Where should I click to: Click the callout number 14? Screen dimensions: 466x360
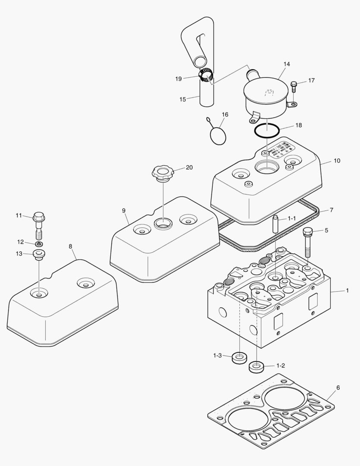[287, 64]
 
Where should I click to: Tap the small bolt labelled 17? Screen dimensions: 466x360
[294, 86]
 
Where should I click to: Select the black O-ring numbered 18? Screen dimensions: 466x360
[266, 130]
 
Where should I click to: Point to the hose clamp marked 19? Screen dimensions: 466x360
[206, 76]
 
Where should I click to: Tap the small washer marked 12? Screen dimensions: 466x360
[39, 244]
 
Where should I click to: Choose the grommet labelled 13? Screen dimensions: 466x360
[39, 255]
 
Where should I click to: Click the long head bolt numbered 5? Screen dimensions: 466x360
[308, 242]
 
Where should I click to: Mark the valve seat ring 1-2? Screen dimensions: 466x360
[257, 367]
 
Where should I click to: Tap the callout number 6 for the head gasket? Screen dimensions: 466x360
[338, 387]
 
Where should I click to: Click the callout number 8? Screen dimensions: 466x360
[71, 246]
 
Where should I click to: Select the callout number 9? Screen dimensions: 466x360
[124, 210]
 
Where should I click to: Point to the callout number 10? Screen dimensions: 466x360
[337, 161]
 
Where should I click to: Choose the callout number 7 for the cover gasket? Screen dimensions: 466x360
[331, 210]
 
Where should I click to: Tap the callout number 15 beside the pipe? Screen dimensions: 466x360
[182, 99]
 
